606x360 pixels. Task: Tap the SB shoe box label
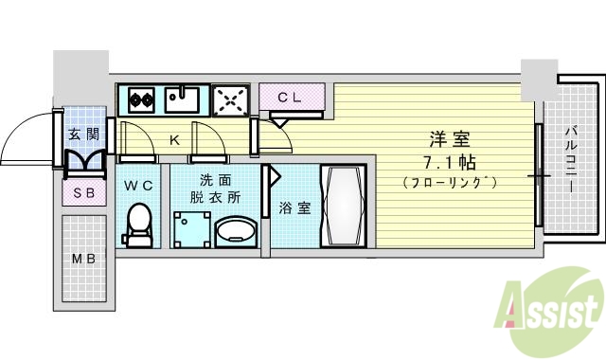(83, 193)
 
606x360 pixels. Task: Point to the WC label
(139, 186)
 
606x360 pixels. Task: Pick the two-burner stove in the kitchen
(142, 98)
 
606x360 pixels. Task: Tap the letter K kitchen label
(174, 140)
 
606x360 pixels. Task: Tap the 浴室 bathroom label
(294, 207)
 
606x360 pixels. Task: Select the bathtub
(345, 206)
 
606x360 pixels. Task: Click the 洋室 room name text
(450, 137)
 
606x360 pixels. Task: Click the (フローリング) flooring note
(450, 180)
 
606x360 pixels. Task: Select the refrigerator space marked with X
(229, 98)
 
